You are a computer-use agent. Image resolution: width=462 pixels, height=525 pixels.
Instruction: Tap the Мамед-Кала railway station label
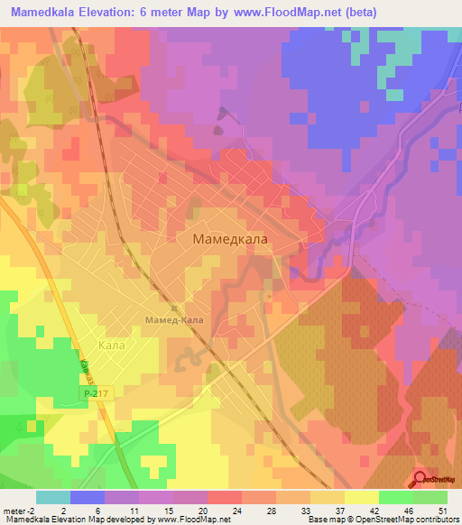point(174,320)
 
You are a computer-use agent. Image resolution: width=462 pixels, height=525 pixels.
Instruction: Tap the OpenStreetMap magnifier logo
point(420,479)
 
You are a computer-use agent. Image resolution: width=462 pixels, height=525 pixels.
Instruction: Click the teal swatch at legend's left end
point(52,497)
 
